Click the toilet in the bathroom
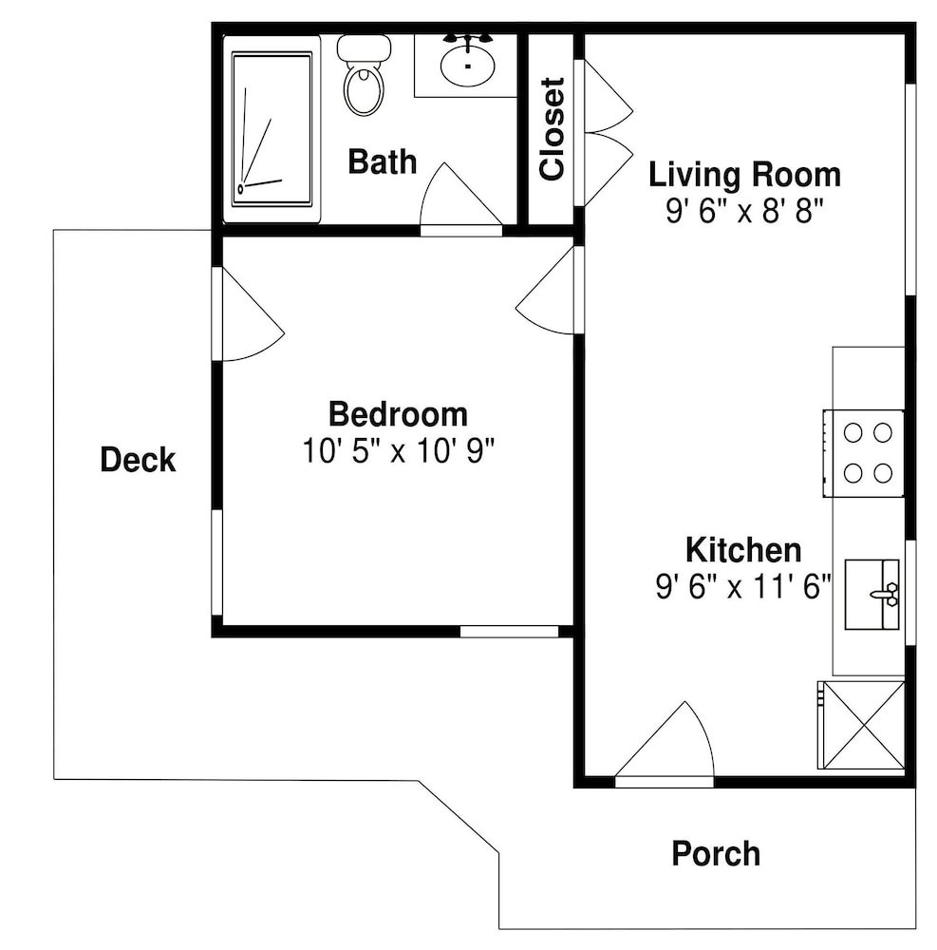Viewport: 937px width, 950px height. tap(364, 75)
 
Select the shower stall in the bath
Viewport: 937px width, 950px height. tap(272, 129)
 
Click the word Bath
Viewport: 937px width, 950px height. tap(382, 161)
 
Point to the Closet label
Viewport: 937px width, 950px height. tap(552, 129)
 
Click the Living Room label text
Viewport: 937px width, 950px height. tap(744, 175)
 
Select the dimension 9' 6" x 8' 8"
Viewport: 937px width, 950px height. tap(744, 212)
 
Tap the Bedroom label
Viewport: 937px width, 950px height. tap(398, 414)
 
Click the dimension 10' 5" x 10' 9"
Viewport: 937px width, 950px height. tap(399, 450)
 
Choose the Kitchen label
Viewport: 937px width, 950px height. tap(743, 550)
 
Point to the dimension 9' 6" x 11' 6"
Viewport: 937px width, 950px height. tap(743, 586)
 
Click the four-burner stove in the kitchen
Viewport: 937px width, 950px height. tap(864, 453)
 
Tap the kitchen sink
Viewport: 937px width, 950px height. tap(871, 595)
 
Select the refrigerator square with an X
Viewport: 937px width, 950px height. tap(861, 725)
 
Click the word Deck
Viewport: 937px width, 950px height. tap(138, 459)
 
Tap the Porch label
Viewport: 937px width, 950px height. tap(716, 854)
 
